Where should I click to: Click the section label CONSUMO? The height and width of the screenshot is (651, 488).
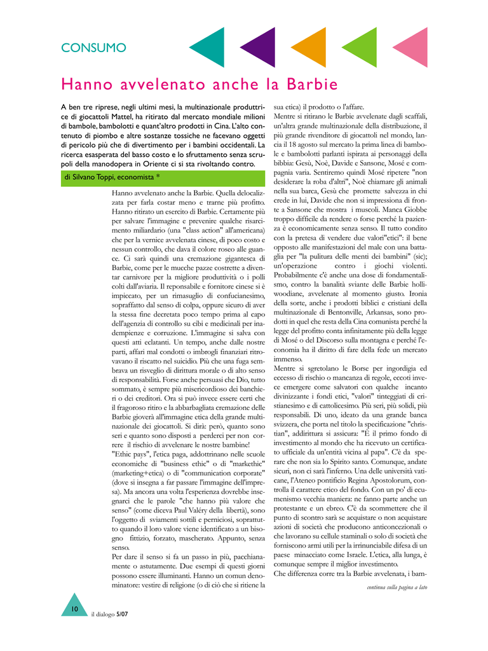click(x=93, y=48)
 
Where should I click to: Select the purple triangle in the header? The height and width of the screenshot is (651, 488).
click(x=262, y=48)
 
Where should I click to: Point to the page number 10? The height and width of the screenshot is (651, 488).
click(x=74, y=609)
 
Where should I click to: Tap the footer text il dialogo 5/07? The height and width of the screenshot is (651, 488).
click(x=109, y=615)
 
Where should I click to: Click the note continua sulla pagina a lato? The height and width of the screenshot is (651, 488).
click(x=396, y=587)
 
